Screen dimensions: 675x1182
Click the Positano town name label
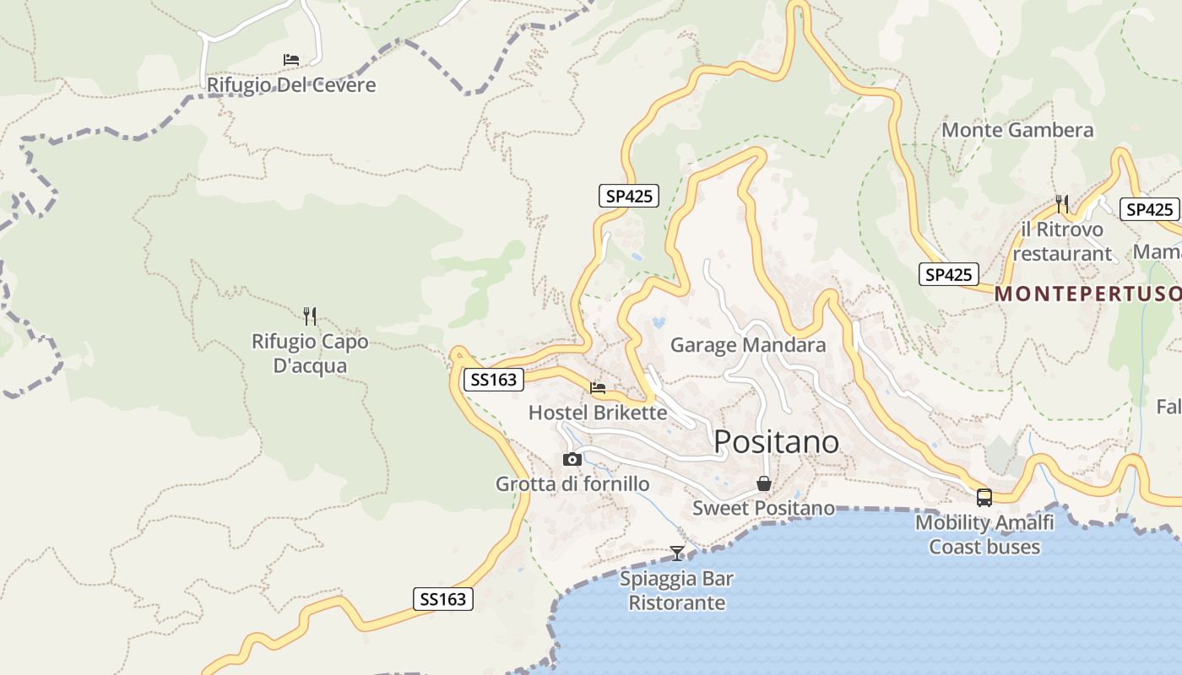777,441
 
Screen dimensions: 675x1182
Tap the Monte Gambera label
1017,130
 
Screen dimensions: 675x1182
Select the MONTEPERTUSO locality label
1087,294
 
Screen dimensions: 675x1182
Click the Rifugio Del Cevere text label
291,85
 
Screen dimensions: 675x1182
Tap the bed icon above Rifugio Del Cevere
291,60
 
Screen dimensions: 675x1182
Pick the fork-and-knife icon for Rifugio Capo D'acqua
310,316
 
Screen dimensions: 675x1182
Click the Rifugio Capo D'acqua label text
310,354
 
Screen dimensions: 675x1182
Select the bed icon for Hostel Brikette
598,388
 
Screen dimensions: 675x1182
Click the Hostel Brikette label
598,413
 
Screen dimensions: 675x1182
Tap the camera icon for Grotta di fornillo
572,460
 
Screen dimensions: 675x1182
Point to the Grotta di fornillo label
572,484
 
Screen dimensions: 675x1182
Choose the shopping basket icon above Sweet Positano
764,483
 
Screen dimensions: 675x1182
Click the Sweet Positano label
764,508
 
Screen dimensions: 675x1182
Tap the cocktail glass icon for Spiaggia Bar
677,553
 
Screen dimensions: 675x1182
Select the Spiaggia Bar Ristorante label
677,591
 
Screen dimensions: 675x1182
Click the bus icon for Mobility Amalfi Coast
984,498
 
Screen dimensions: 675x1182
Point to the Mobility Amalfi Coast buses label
984,534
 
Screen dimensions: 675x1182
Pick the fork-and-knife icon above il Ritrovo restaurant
1062,203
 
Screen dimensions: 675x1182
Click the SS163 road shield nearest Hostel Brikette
494,380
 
